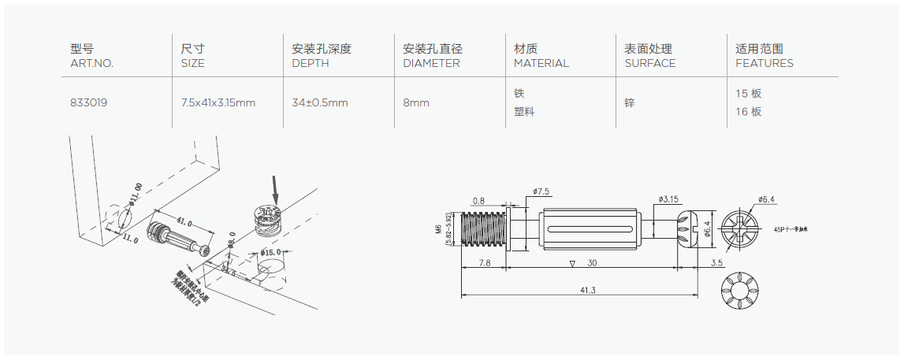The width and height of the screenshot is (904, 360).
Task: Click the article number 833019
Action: pyautogui.click(x=88, y=102)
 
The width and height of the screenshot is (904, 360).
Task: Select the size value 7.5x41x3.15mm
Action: pyautogui.click(x=218, y=102)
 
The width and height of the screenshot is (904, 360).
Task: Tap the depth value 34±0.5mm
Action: pyautogui.click(x=320, y=102)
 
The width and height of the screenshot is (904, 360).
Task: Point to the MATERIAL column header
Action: pyautogui.click(x=541, y=63)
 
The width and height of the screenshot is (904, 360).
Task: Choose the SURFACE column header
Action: pyautogui.click(x=649, y=63)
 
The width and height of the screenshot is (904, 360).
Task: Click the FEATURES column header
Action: pyautogui.click(x=764, y=63)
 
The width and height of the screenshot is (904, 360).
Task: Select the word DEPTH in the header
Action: pyautogui.click(x=310, y=63)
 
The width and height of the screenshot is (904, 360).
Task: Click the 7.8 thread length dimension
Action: pyautogui.click(x=485, y=262)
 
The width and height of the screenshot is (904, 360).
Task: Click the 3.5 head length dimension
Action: pyautogui.click(x=716, y=262)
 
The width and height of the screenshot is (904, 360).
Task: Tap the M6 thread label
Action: pyautogui.click(x=438, y=231)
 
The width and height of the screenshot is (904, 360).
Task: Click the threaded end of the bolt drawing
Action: pyautogui.click(x=484, y=231)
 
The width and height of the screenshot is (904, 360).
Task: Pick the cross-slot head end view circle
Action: pyautogui.click(x=738, y=230)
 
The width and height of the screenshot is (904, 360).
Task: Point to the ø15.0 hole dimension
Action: pyautogui.click(x=270, y=254)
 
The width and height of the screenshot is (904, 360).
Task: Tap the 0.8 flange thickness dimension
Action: pyautogui.click(x=479, y=200)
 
